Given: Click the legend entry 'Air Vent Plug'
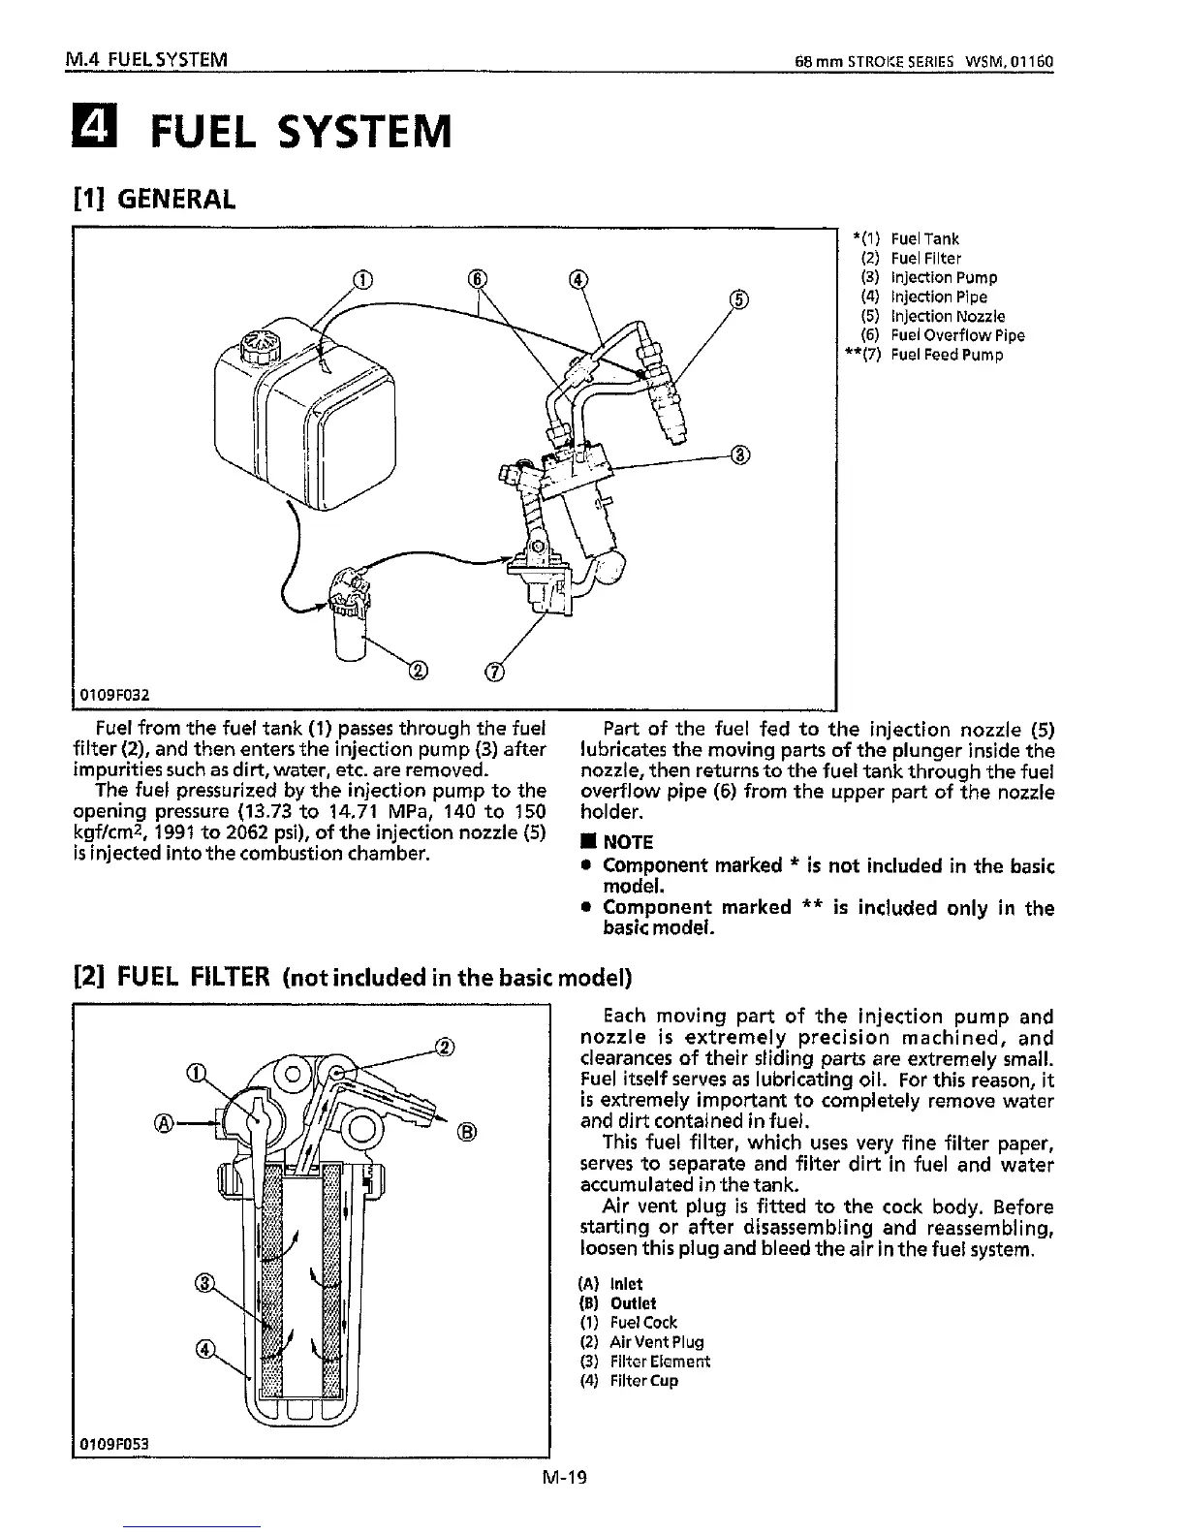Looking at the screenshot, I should [656, 1342].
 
